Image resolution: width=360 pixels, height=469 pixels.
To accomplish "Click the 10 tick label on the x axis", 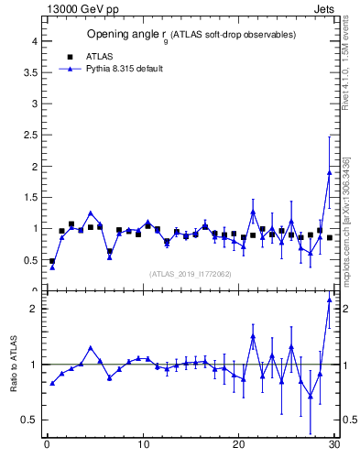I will [142, 445].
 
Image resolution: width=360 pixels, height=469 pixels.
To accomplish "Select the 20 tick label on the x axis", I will [238, 445].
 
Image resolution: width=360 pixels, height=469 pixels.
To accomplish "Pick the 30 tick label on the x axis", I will [333, 445].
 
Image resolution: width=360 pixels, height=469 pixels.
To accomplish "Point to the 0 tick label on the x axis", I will [47, 445].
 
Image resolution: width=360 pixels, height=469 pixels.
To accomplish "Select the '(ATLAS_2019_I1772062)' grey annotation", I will [190, 273].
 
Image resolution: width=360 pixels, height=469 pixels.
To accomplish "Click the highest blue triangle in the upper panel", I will [329, 172].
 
